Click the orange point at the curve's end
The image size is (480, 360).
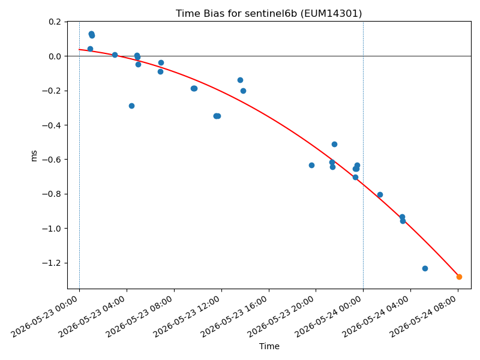459,277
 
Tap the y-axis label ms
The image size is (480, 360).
34,156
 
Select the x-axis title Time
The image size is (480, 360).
269,346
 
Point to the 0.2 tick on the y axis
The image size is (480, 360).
55,22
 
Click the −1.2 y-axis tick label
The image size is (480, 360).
51,263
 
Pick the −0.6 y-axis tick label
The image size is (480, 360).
51,160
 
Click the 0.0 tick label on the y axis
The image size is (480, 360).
55,56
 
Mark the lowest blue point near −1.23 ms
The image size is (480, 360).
425,268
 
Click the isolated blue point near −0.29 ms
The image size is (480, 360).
131,106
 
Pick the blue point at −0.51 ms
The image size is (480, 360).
334,144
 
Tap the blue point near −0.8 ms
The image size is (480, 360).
380,194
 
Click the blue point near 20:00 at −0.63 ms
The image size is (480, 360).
311,166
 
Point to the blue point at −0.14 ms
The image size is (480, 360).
241,80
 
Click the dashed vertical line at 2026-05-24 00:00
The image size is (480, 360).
364,155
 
